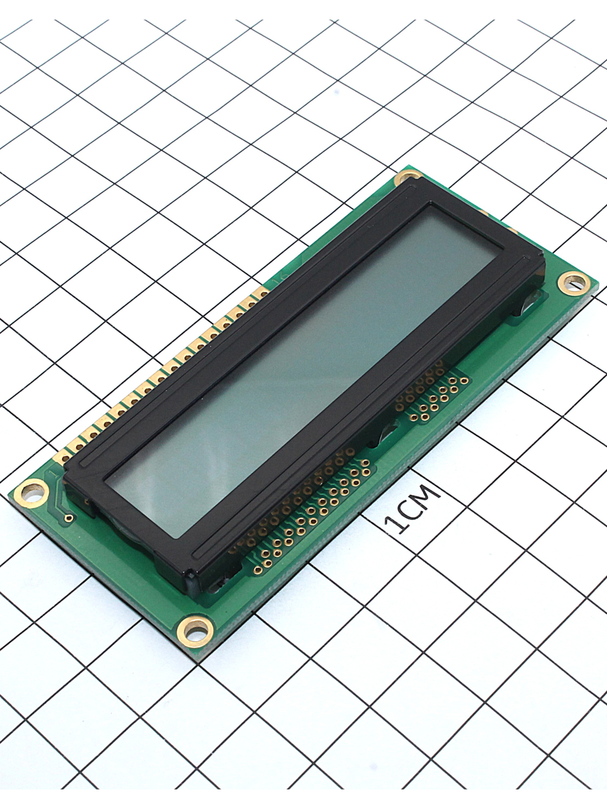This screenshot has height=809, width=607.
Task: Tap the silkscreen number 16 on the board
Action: pyautogui.click(x=276, y=282)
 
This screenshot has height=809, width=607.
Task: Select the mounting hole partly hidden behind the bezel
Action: pyautogui.click(x=407, y=178)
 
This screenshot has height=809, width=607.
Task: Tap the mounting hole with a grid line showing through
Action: pyautogui.click(x=574, y=282)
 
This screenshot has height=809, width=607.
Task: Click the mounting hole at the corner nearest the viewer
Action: pyautogui.click(x=195, y=632)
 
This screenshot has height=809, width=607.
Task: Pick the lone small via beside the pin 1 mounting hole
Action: pyautogui.click(x=68, y=518)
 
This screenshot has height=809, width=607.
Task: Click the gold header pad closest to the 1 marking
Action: pyautogui.click(x=64, y=458)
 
